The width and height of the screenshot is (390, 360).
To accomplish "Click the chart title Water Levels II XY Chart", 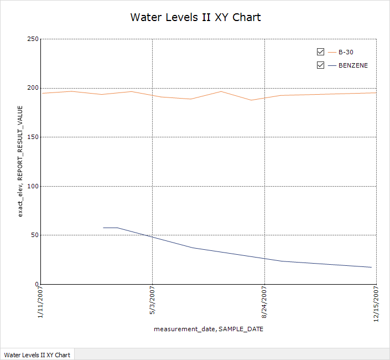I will coord(195,17).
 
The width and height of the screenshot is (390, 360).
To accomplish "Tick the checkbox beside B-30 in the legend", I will coord(320,52).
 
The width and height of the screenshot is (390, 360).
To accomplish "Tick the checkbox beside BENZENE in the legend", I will coord(320,65).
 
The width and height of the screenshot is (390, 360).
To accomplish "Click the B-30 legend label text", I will coord(346,52).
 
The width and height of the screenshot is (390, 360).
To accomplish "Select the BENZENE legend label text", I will coord(353,65).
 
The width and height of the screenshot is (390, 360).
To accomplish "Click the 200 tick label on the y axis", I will coord(32,88).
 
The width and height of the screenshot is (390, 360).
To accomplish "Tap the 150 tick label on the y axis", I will coord(32,137).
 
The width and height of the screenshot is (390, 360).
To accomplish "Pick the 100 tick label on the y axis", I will coord(32,186).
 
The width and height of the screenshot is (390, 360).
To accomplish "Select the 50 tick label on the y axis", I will coord(34,235).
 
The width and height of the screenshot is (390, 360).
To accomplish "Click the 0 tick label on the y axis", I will coord(35,284).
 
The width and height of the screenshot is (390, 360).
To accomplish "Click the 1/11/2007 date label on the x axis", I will coord(40,302).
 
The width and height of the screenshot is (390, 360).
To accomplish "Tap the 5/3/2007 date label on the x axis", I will coord(153,300).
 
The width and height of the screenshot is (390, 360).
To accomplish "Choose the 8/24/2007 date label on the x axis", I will coord(265,302).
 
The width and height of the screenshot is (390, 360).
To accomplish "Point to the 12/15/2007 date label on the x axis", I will coord(377,304).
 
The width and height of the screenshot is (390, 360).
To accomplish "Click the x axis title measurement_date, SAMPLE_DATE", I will coord(209,329).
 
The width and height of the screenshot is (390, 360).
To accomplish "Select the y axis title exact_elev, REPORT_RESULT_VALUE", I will coord(20,161).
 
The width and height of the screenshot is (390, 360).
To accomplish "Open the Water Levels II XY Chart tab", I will coord(37,354).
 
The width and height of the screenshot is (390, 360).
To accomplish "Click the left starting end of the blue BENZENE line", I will coord(103,228).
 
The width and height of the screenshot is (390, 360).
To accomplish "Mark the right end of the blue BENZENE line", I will coord(371,268).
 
